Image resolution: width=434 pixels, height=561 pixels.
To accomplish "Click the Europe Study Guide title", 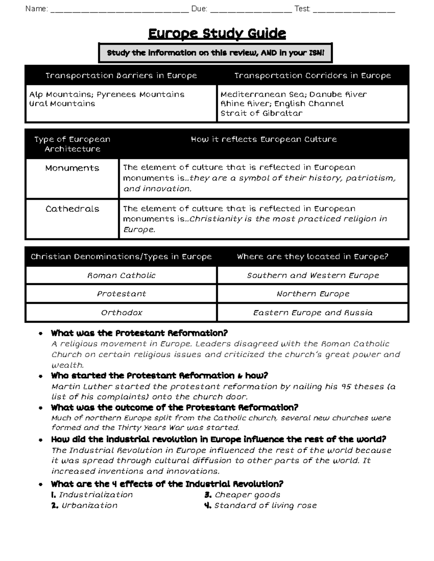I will (217, 34).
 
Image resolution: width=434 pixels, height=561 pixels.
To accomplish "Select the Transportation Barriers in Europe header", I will (121, 75).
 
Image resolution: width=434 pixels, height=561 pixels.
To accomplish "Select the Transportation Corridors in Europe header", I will (312, 75).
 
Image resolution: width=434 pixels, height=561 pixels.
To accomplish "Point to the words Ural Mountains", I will (62, 104).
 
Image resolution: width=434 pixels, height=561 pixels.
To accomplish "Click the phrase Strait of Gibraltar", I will (261, 113).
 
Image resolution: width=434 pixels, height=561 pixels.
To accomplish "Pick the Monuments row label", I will (72, 168).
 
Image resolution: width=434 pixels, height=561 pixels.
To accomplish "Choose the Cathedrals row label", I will (72, 209).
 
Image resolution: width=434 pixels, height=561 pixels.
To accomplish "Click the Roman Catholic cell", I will (121, 275).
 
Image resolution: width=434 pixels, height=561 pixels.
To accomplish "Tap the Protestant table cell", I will (121, 294).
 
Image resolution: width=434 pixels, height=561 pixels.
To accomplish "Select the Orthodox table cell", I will (121, 312).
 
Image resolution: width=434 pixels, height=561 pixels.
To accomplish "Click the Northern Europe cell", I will (312, 294).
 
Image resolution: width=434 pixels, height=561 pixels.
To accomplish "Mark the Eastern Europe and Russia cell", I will (312, 312).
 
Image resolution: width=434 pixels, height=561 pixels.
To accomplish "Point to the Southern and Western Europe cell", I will (312, 275).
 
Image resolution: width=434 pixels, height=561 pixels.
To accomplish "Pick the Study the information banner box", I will (216, 53).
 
